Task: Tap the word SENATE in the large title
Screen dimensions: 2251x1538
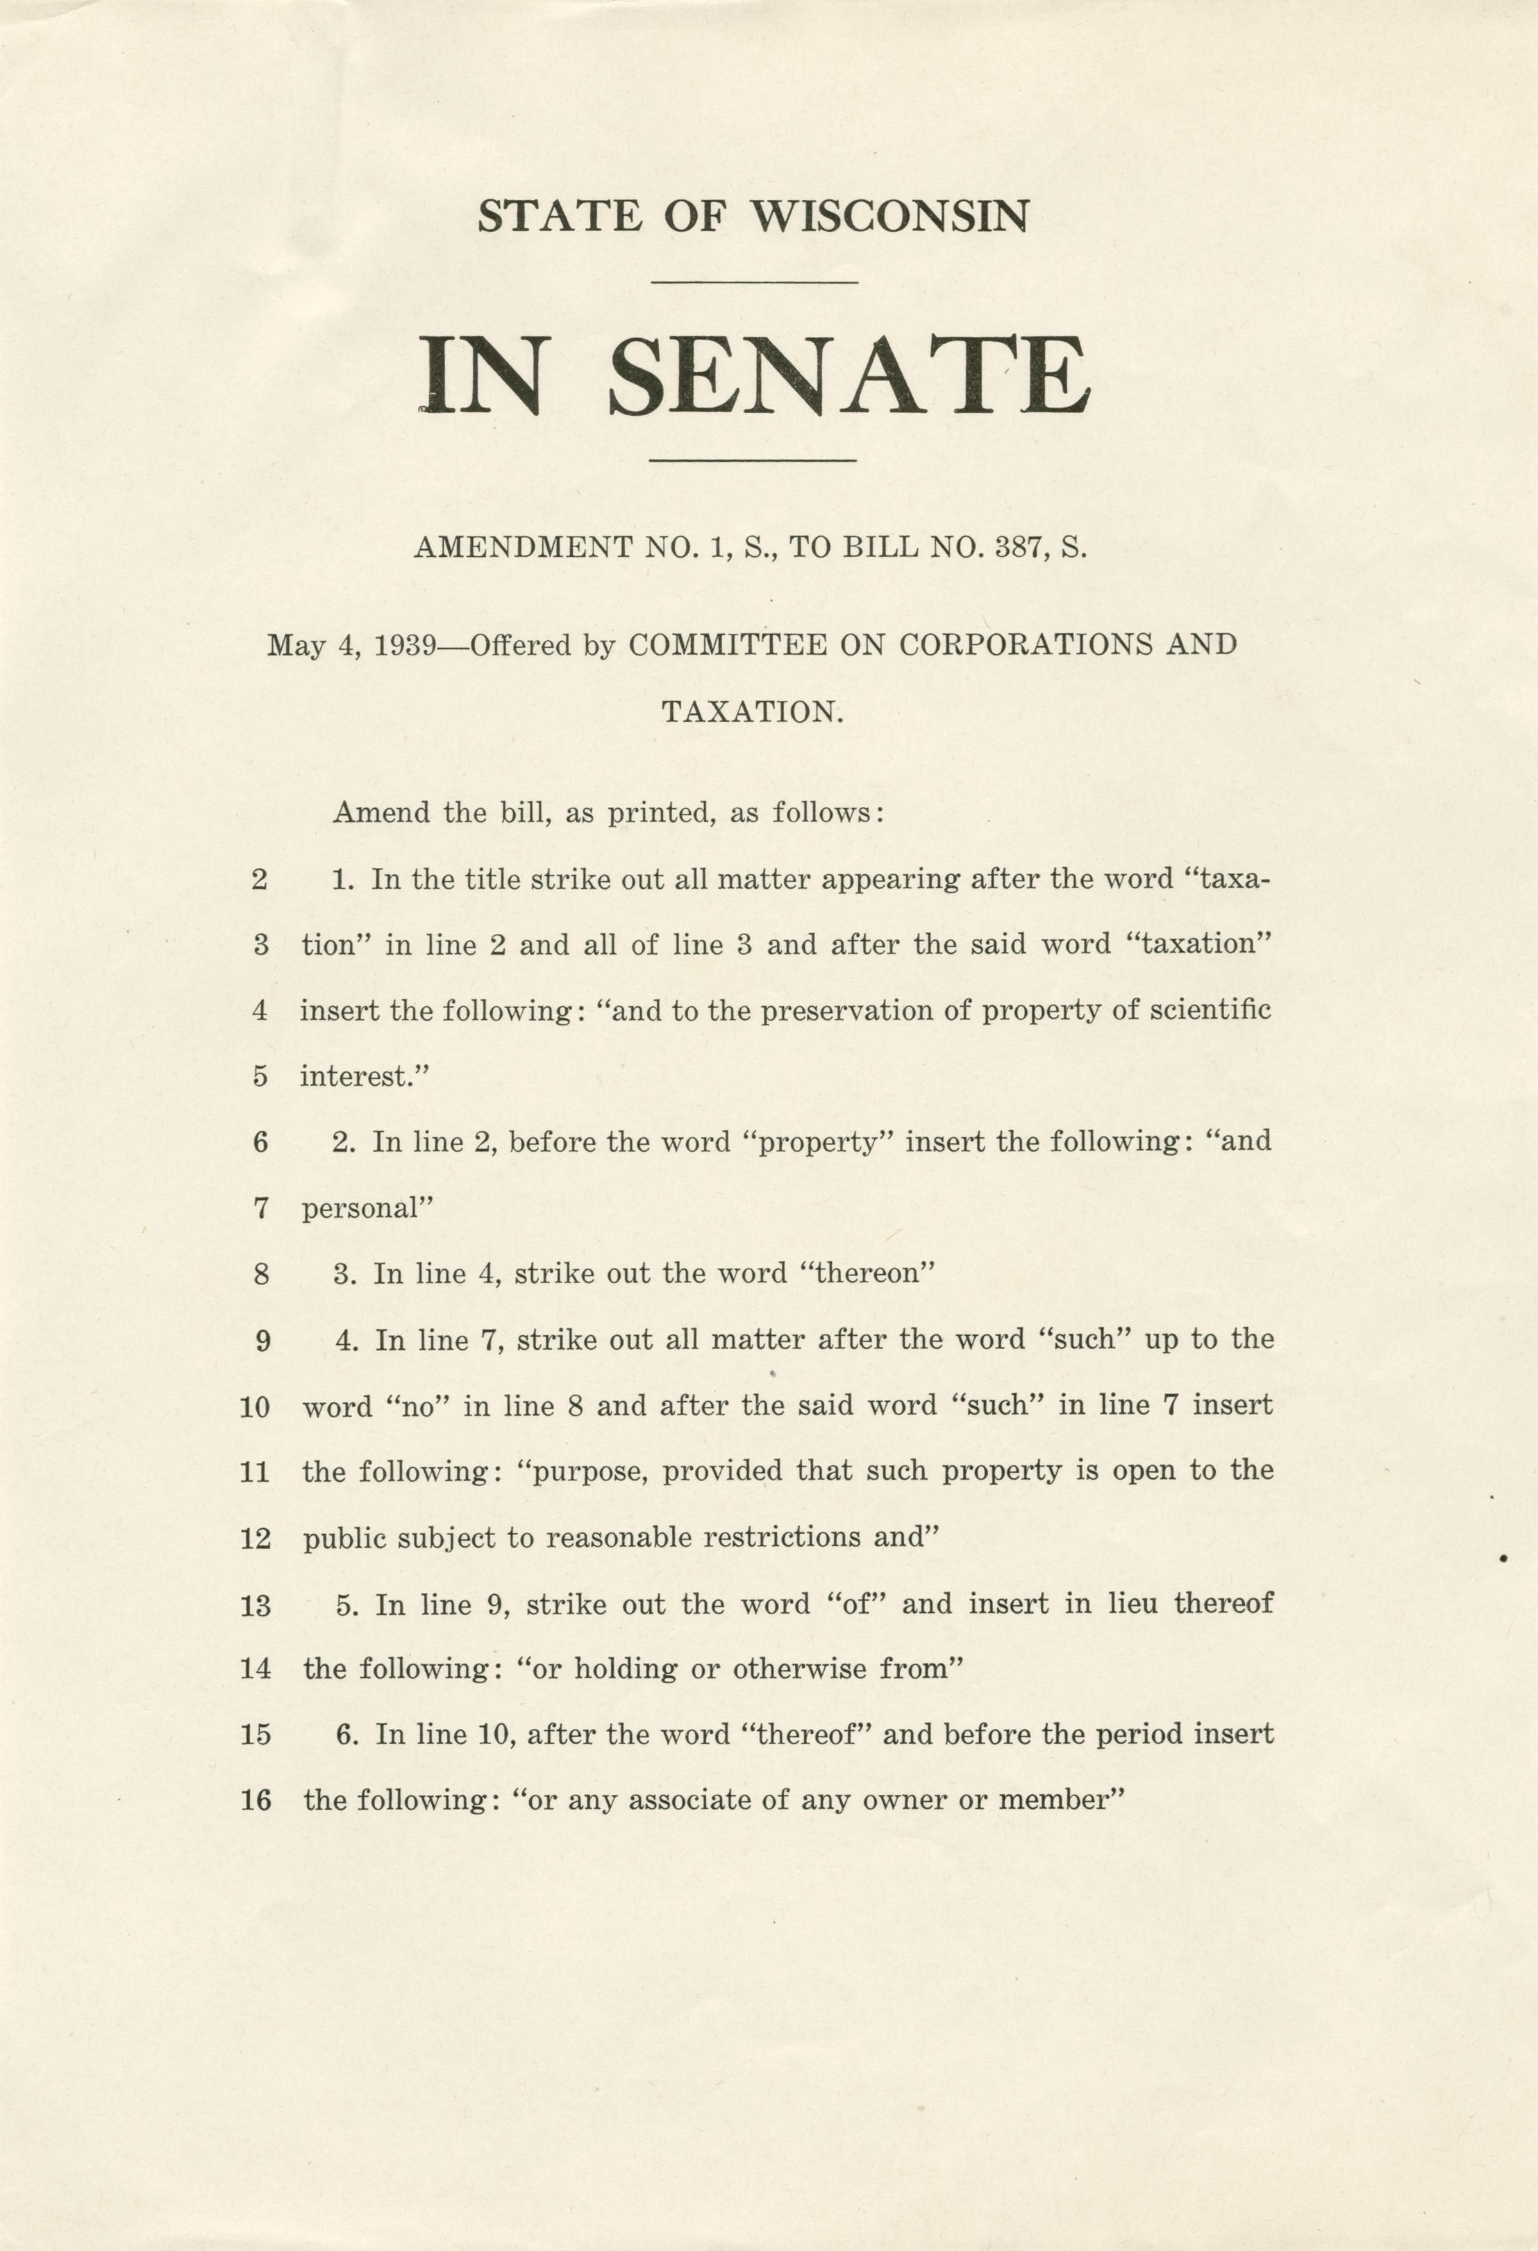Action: tap(849, 376)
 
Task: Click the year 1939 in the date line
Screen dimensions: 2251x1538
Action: tap(405, 645)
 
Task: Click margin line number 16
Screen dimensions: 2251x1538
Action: tap(256, 1802)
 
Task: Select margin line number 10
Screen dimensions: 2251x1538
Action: tap(256, 1407)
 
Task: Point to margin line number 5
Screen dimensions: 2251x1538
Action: tap(260, 1077)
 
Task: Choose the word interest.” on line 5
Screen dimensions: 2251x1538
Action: tap(364, 1077)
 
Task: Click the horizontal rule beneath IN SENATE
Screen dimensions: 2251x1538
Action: tap(753, 460)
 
